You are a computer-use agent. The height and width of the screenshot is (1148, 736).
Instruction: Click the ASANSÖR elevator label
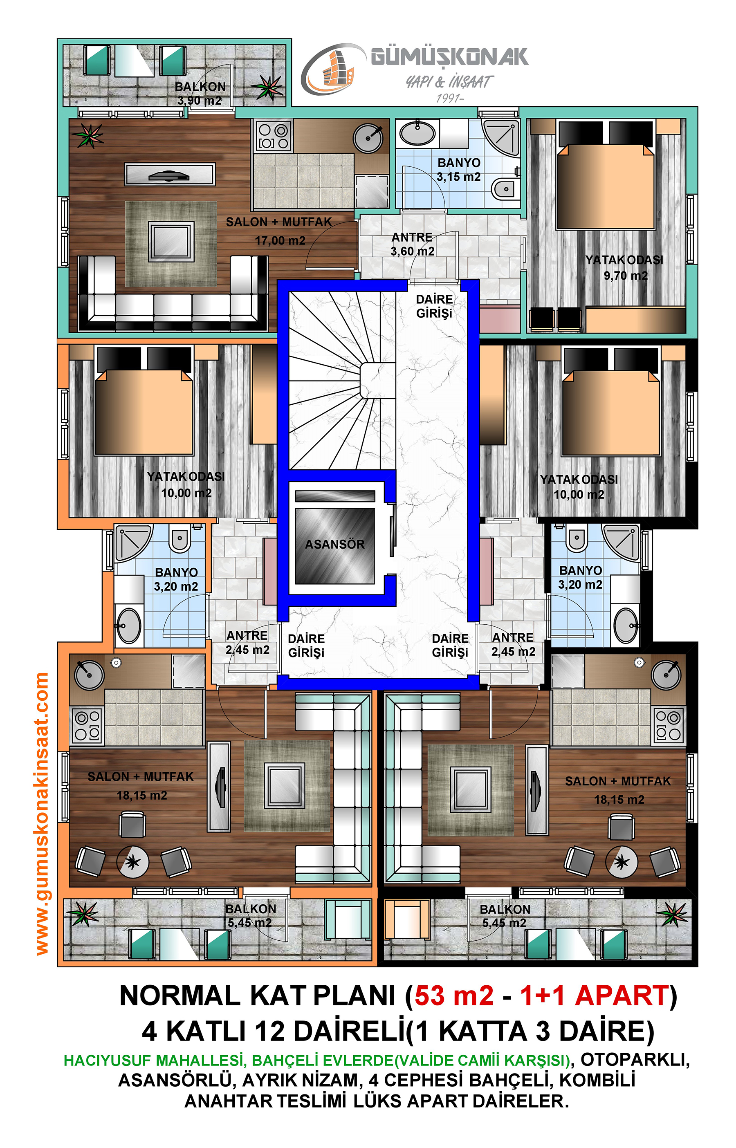(334, 544)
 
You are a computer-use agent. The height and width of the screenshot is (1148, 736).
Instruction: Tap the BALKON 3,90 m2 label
(200, 93)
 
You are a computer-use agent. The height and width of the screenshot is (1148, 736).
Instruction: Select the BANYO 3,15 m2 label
(459, 170)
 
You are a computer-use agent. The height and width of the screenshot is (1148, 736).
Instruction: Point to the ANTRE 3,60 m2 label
(413, 244)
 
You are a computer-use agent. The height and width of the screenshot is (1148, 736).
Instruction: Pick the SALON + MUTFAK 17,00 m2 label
(279, 231)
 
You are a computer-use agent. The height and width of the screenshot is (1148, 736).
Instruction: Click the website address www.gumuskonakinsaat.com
(42, 814)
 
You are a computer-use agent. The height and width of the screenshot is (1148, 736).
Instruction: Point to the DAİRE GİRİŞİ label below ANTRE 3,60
(434, 306)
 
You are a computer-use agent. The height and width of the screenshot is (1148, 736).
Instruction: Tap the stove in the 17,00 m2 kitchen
(273, 136)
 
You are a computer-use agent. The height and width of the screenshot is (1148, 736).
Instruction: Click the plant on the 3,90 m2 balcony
(267, 87)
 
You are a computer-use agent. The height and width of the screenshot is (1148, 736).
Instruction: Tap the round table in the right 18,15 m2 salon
(621, 862)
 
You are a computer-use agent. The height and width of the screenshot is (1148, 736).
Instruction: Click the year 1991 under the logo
(449, 99)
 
